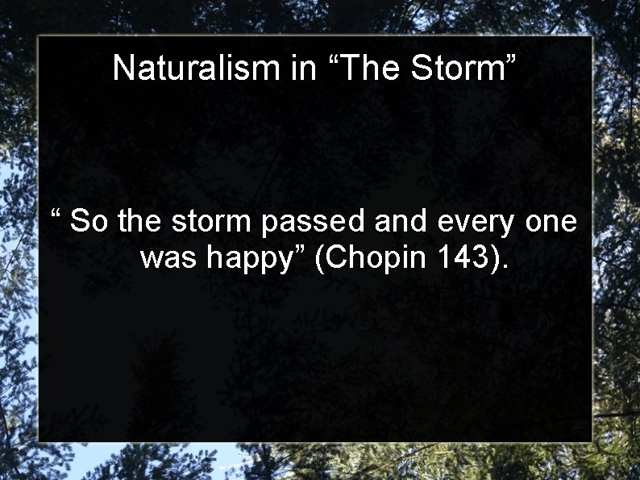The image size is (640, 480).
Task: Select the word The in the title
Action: point(371,69)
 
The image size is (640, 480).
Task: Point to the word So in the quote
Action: point(89,220)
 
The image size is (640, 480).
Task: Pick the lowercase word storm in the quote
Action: point(209,220)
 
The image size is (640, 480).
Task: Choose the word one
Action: point(551,222)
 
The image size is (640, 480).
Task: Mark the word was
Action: point(169,259)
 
